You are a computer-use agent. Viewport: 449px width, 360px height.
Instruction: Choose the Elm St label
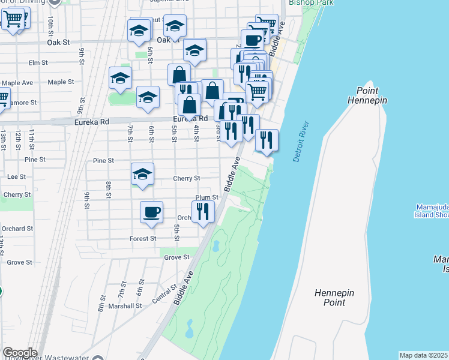(x=38, y=62)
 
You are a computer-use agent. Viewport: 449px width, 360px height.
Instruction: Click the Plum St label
(x=206, y=197)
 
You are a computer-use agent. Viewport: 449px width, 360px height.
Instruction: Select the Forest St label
(x=143, y=238)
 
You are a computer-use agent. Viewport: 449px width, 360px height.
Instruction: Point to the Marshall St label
(x=125, y=305)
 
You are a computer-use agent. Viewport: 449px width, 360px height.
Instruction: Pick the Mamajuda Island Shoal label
(x=431, y=211)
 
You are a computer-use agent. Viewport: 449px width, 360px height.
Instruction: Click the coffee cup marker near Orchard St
(x=151, y=212)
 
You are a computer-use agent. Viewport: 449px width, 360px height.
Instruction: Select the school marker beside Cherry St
(x=142, y=174)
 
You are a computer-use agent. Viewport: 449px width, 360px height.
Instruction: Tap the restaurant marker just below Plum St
(x=203, y=212)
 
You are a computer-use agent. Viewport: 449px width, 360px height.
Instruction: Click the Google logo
(x=20, y=353)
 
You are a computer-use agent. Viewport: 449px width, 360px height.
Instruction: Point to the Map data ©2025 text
(x=424, y=355)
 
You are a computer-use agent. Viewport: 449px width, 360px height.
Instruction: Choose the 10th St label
(x=50, y=25)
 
